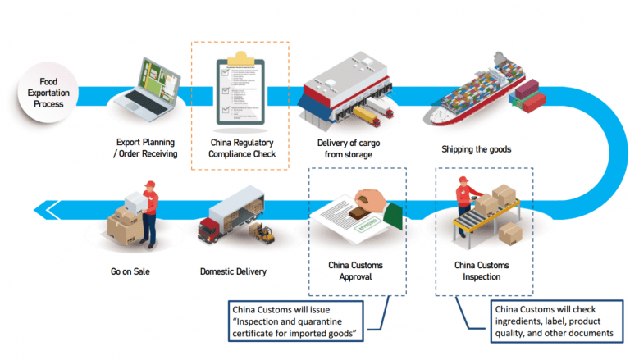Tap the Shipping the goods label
point(477,149)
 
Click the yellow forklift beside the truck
point(262,233)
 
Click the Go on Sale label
point(131,271)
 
